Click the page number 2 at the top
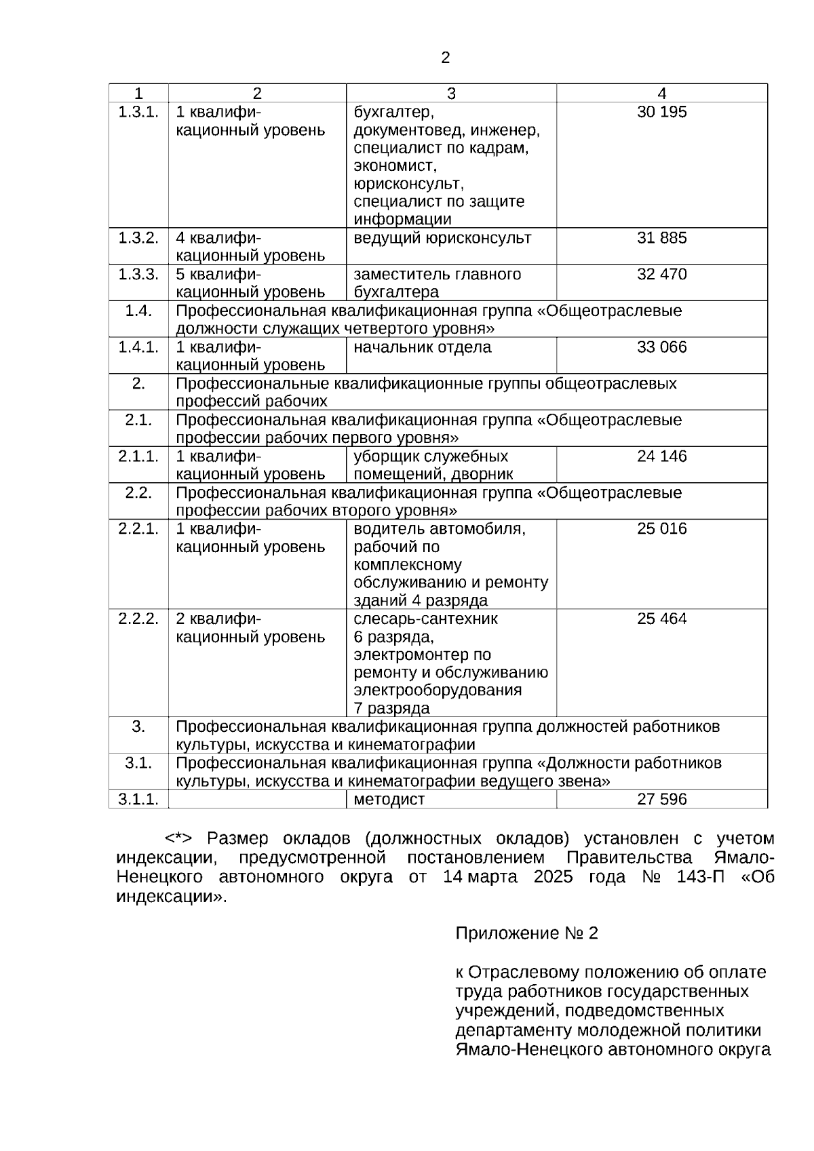[445, 58]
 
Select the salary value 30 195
[661, 112]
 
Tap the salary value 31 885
[661, 238]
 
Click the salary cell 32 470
[661, 274]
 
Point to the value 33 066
[661, 347]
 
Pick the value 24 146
[661, 456]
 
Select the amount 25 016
[661, 528]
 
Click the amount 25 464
[661, 619]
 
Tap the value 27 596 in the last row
[661, 799]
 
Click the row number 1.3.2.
[138, 238]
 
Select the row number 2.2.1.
[138, 528]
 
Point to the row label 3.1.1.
[138, 799]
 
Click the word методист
[389, 800]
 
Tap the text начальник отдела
[422, 347]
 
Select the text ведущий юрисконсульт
[442, 238]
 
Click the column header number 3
[451, 94]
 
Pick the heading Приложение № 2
[526, 933]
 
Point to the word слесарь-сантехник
[425, 619]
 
